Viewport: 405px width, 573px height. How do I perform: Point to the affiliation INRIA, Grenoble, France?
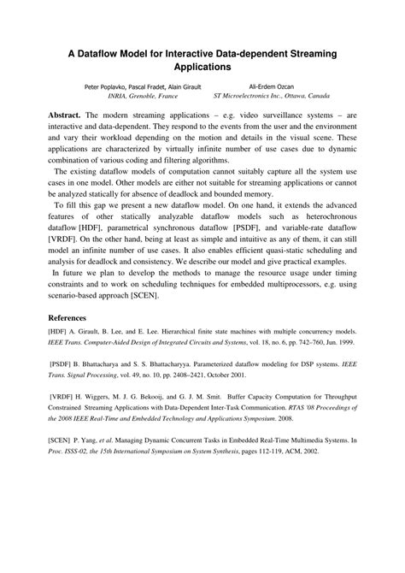[128, 97]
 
